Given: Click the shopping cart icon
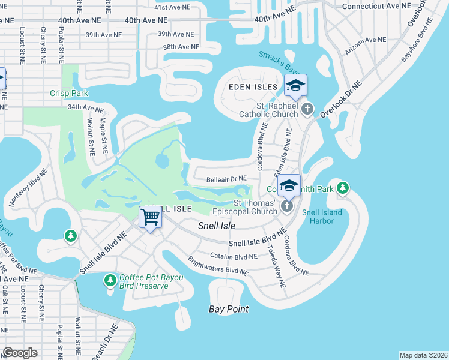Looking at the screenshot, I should point(150,218).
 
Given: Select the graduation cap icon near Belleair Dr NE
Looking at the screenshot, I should point(289,185).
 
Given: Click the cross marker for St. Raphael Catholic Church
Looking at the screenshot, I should point(307,109).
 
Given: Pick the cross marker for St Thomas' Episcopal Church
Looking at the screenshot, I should point(287,206).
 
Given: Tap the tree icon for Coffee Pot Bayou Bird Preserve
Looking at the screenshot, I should point(110,280).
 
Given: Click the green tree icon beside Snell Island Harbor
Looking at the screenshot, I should point(342,188).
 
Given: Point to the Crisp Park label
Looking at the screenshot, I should point(70,93).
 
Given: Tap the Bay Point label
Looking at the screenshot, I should point(229,309).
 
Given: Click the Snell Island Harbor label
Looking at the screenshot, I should point(322,217).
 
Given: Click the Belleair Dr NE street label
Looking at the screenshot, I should point(227,178).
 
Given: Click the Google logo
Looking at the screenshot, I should point(20,352).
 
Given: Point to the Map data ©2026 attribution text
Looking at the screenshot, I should point(423,355).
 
